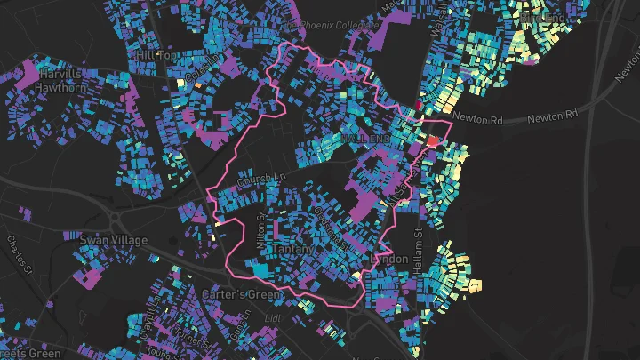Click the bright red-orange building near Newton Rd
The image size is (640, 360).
[434, 140]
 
